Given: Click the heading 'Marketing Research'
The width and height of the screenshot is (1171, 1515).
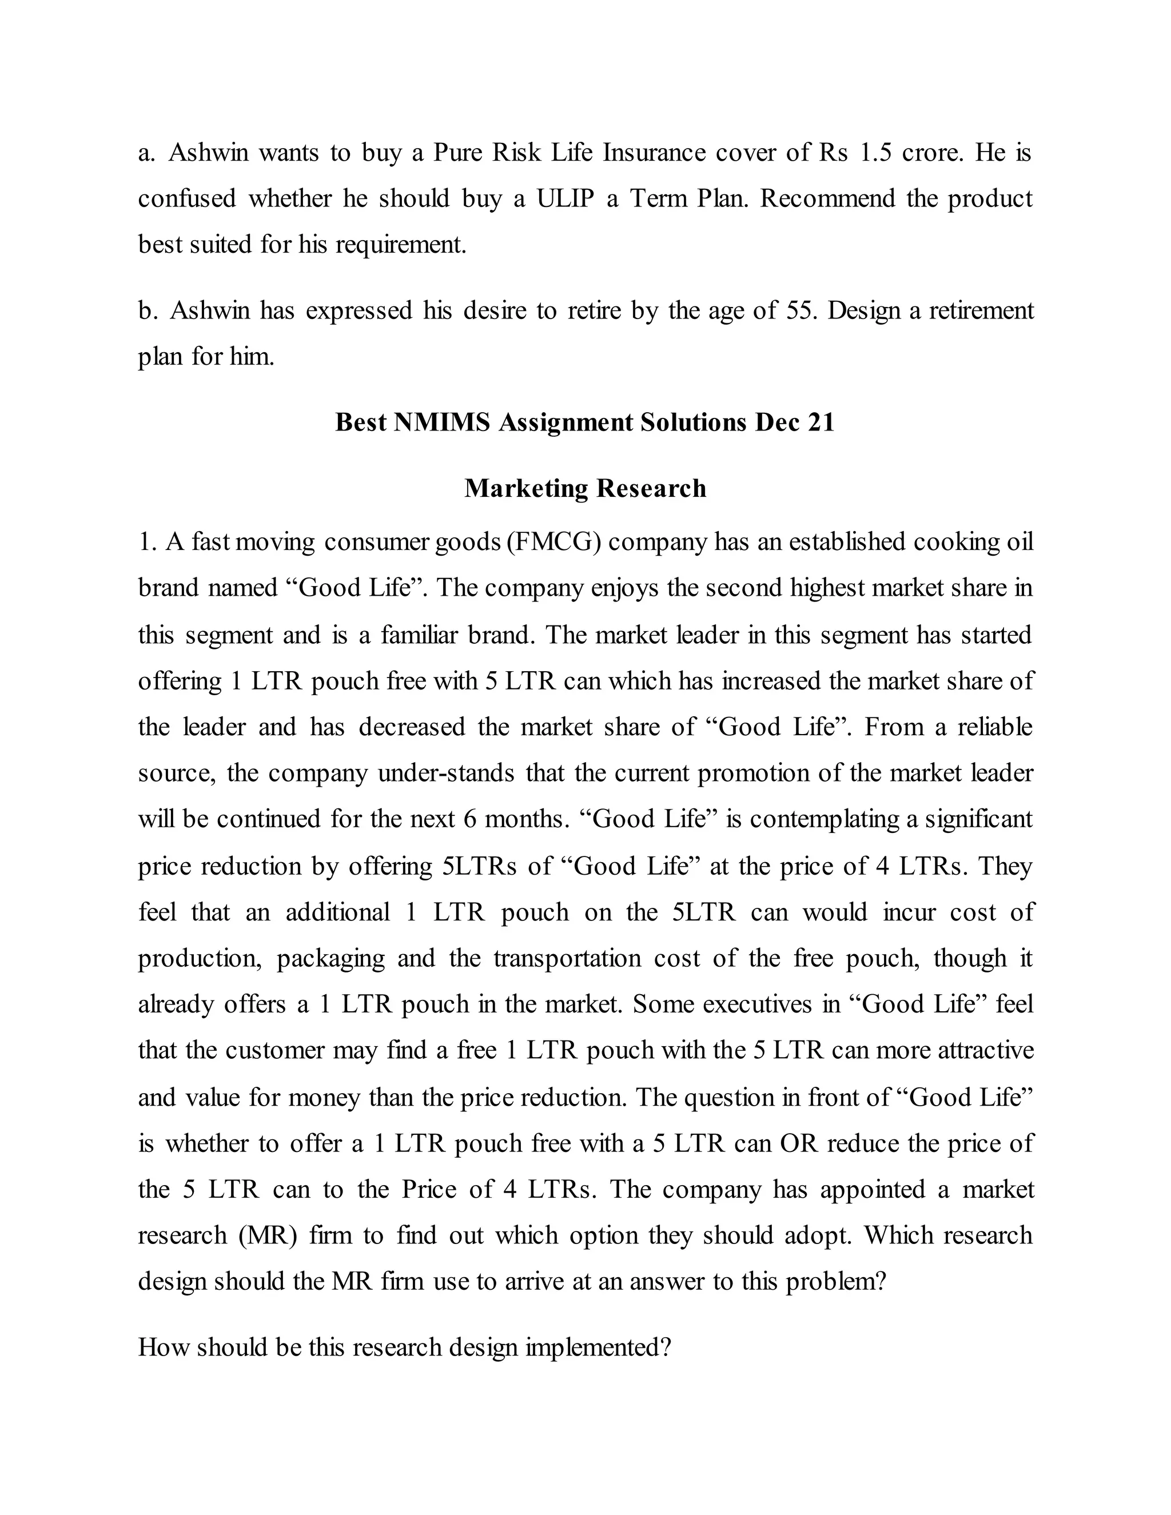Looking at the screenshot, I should click(585, 488).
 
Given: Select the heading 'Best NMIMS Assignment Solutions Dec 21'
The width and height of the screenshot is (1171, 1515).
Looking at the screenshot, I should click(585, 422).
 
